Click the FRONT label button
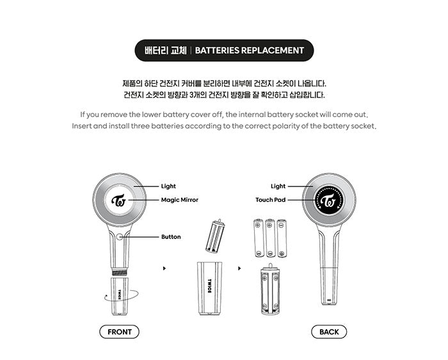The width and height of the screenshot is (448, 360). [119, 332]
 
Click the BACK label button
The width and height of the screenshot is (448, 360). [329, 332]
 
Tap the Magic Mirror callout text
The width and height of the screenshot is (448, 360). [180, 200]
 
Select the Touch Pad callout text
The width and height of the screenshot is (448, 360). [271, 200]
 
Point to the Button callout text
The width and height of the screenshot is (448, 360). [171, 237]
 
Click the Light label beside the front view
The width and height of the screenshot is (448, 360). [168, 186]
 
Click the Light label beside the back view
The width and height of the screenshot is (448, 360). [278, 186]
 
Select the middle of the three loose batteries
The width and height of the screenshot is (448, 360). [269, 238]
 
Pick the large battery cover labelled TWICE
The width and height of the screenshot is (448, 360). [209, 288]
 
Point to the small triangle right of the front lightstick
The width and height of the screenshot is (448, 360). [164, 268]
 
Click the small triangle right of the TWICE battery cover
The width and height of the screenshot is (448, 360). [239, 268]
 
